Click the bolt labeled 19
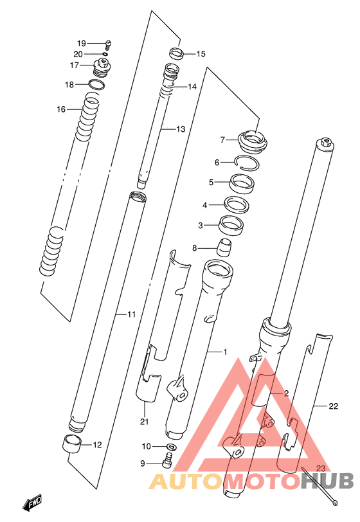click(x=108, y=44)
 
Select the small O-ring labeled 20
click(x=105, y=54)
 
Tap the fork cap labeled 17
click(x=102, y=67)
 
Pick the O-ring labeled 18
click(x=96, y=84)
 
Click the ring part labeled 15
click(x=177, y=53)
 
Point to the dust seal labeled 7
click(x=253, y=142)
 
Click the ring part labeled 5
click(x=242, y=184)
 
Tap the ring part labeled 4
click(x=237, y=204)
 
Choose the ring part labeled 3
click(x=231, y=226)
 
